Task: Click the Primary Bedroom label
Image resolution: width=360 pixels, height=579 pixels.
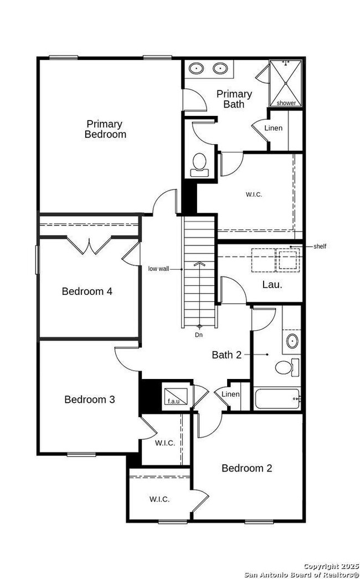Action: pyautogui.click(x=105, y=129)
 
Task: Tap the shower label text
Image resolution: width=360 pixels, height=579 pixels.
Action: pyautogui.click(x=286, y=103)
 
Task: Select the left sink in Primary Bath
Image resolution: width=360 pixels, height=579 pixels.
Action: pyautogui.click(x=196, y=68)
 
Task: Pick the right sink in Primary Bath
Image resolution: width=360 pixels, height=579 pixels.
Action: pyautogui.click(x=220, y=68)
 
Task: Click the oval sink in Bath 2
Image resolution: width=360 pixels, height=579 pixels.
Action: pyautogui.click(x=292, y=341)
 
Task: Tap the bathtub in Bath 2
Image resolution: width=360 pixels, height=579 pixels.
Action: pyautogui.click(x=277, y=398)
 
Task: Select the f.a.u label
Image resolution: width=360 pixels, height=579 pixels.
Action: pyautogui.click(x=173, y=401)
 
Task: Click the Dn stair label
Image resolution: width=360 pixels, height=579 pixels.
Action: pyautogui.click(x=199, y=335)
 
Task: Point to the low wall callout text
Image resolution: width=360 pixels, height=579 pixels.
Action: pyautogui.click(x=159, y=269)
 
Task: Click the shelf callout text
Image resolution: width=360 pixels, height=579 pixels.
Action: pyautogui.click(x=320, y=247)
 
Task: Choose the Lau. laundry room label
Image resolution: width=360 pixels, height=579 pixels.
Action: pyautogui.click(x=272, y=285)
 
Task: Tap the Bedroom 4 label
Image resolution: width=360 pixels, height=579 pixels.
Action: pyautogui.click(x=87, y=291)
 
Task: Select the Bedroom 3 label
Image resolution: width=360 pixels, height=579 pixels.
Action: pyautogui.click(x=90, y=399)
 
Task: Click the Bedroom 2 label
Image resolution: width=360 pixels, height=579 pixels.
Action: pyautogui.click(x=247, y=468)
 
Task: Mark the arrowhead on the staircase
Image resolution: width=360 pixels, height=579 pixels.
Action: pyautogui.click(x=199, y=264)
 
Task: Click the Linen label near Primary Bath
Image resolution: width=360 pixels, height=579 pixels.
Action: pyautogui.click(x=274, y=128)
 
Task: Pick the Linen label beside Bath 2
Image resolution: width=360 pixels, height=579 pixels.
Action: pyautogui.click(x=230, y=394)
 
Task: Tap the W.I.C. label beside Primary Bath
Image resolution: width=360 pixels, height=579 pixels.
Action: pyautogui.click(x=254, y=194)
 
